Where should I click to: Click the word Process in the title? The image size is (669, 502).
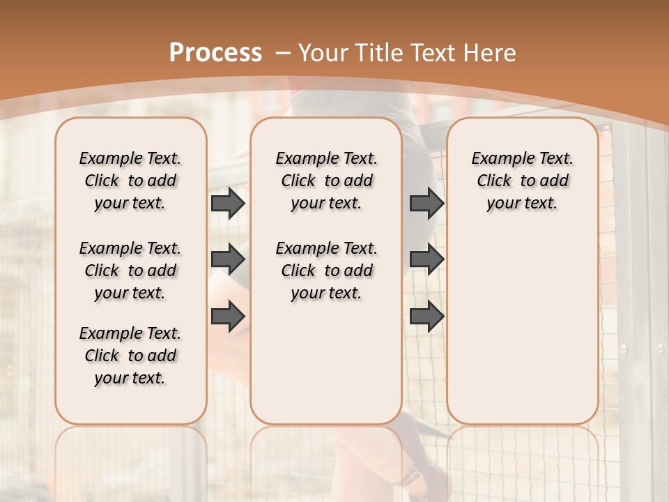(x=215, y=53)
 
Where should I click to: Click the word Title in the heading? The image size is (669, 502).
(x=380, y=53)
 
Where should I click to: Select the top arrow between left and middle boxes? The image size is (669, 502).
(x=228, y=204)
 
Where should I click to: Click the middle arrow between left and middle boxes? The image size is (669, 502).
(x=228, y=260)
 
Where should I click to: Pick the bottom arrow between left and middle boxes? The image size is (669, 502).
(x=228, y=316)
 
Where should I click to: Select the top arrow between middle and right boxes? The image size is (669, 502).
(x=426, y=204)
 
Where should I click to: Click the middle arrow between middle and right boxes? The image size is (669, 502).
(x=426, y=260)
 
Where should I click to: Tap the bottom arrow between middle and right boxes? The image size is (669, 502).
(x=426, y=316)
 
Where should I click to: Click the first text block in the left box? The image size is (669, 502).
(x=130, y=181)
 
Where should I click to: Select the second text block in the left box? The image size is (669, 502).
(x=130, y=271)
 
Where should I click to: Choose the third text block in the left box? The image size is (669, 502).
(x=130, y=356)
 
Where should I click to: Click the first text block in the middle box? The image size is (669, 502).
(x=326, y=181)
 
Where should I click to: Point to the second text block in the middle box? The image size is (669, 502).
(x=326, y=271)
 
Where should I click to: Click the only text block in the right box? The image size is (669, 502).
(x=522, y=181)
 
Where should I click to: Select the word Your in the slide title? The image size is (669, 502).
(x=324, y=53)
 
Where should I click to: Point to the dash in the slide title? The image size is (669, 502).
(x=283, y=53)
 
